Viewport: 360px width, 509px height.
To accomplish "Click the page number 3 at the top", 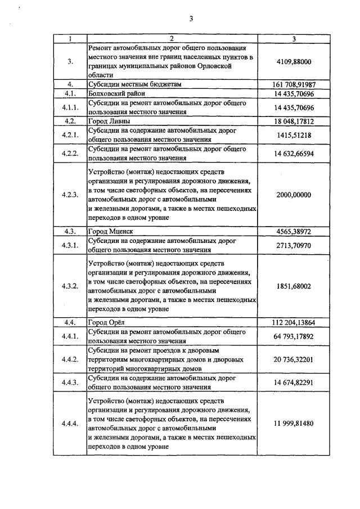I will (191, 19).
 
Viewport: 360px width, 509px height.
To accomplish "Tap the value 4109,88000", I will (294, 61).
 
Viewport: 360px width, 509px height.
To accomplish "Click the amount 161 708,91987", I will (294, 84).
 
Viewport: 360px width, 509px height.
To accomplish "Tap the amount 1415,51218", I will (294, 135).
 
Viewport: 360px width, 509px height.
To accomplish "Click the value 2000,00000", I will (294, 195).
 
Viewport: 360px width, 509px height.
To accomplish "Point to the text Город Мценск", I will (110, 231).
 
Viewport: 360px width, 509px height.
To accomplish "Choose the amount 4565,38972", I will (294, 231).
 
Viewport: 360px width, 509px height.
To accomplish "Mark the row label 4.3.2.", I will (70, 286).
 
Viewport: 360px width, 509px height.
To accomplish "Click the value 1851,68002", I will (294, 286).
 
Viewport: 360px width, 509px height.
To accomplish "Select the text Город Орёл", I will (106, 323).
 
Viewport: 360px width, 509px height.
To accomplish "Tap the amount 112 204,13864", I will (294, 323).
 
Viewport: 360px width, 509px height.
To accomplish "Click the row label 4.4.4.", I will (70, 423).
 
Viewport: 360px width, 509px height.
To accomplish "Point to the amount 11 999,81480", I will (294, 423).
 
